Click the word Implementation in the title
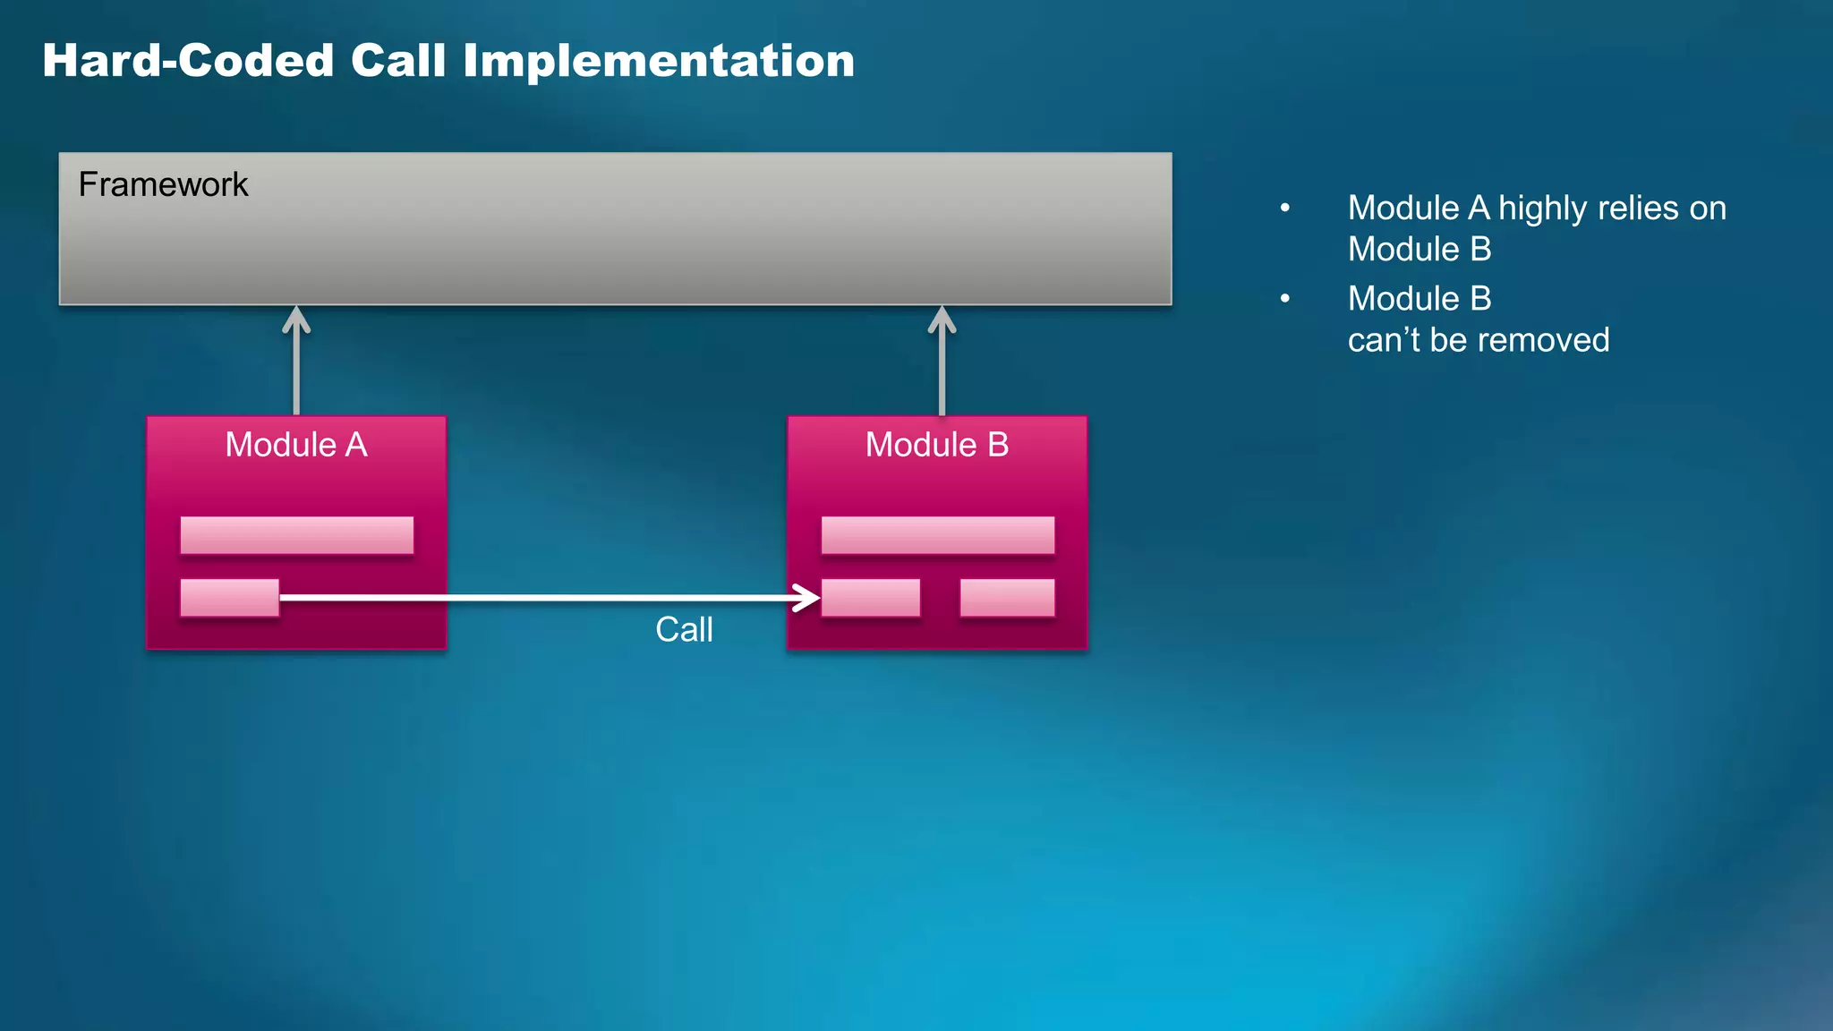(x=658, y=61)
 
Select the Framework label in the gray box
(x=163, y=184)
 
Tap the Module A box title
(x=296, y=445)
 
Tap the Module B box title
(x=937, y=445)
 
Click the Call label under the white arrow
(x=684, y=629)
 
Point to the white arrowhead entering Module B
(x=808, y=597)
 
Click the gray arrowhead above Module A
(x=296, y=320)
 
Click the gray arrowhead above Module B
(x=942, y=320)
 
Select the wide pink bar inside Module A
(x=296, y=535)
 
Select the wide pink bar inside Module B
(x=937, y=535)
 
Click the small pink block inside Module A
(x=229, y=598)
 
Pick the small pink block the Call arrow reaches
(x=871, y=598)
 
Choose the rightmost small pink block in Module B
(x=1007, y=598)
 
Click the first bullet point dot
(x=1285, y=208)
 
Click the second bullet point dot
(x=1285, y=298)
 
